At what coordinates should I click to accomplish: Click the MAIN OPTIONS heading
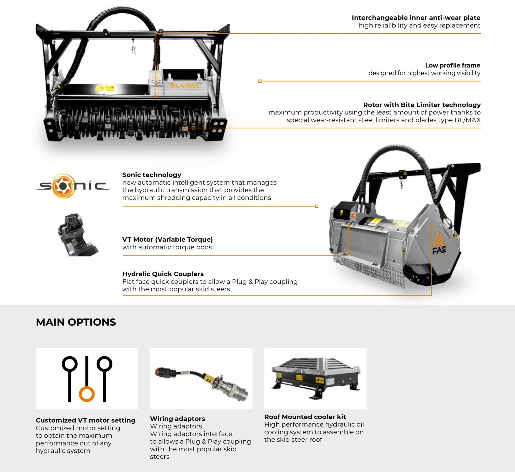(76, 322)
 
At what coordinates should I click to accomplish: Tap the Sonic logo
(73, 186)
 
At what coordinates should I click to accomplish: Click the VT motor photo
(78, 235)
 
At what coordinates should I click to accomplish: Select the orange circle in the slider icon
(87, 394)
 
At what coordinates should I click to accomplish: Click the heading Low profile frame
(453, 65)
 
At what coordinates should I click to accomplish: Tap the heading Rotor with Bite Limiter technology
(422, 105)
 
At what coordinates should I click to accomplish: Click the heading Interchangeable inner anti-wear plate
(416, 18)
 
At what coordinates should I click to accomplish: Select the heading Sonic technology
(152, 175)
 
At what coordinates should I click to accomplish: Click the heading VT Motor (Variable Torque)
(167, 239)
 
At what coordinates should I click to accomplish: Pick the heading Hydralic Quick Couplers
(163, 274)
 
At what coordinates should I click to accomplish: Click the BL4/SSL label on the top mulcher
(185, 86)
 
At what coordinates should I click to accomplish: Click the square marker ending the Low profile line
(260, 81)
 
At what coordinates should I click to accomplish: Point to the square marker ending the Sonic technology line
(317, 206)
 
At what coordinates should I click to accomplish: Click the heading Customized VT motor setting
(86, 420)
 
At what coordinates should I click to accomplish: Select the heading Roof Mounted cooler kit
(305, 417)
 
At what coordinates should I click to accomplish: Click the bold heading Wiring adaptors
(177, 419)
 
